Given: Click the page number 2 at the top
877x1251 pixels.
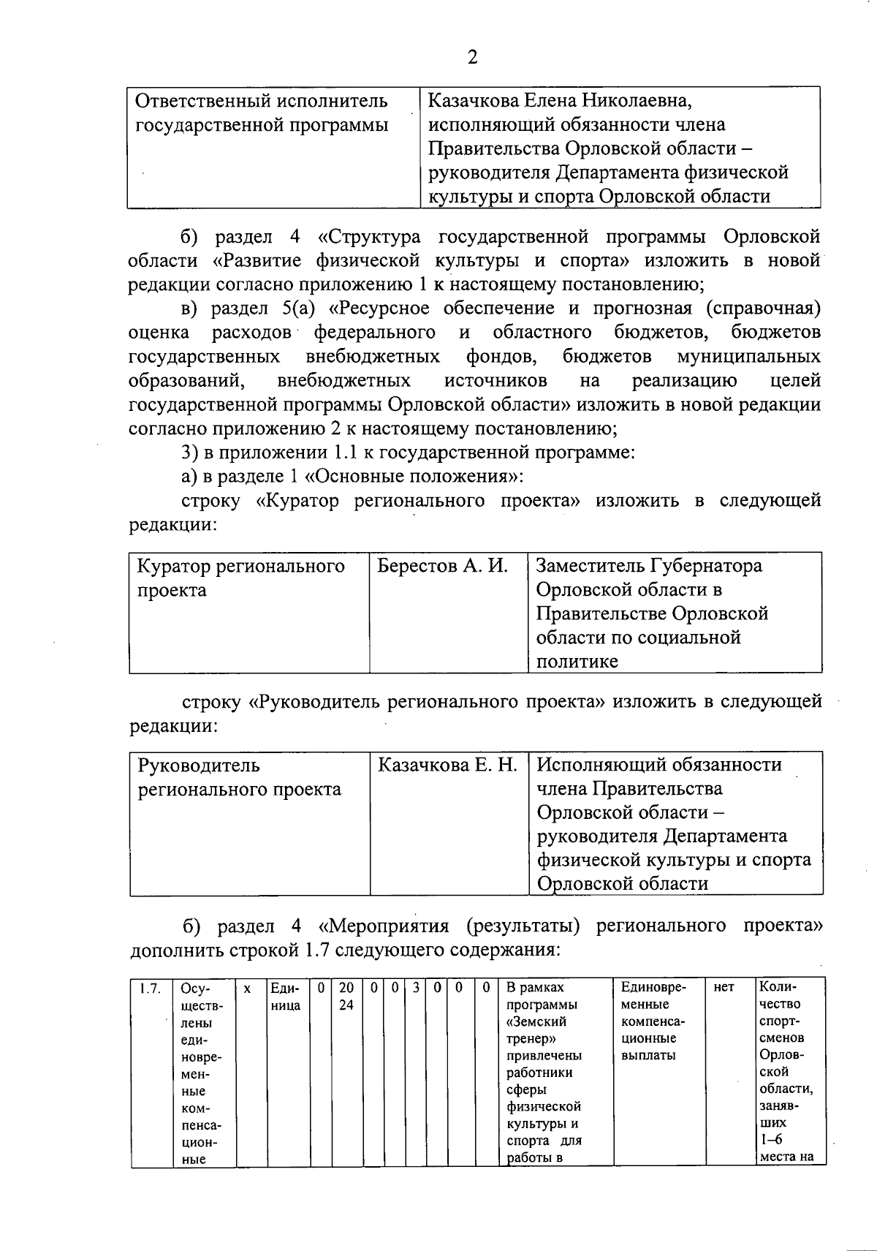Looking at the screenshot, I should tap(472, 57).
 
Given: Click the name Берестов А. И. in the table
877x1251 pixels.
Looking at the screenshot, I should tap(442, 566).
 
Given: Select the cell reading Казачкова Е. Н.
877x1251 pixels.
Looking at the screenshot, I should tap(447, 766).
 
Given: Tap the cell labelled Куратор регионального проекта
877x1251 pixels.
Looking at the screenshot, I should tap(241, 578).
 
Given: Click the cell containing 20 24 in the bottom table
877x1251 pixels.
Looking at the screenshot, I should tap(346, 997).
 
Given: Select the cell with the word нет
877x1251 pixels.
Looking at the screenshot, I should tap(724, 988).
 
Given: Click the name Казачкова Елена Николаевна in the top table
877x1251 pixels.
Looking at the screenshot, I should tap(559, 100).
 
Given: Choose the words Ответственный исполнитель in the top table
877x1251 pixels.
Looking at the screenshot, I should tap(262, 100).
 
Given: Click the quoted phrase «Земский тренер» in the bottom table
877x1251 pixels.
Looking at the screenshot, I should tap(536, 1030).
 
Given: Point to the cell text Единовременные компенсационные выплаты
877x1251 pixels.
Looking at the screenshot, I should tap(653, 1021).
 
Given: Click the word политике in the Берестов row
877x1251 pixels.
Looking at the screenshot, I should tap(577, 662).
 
